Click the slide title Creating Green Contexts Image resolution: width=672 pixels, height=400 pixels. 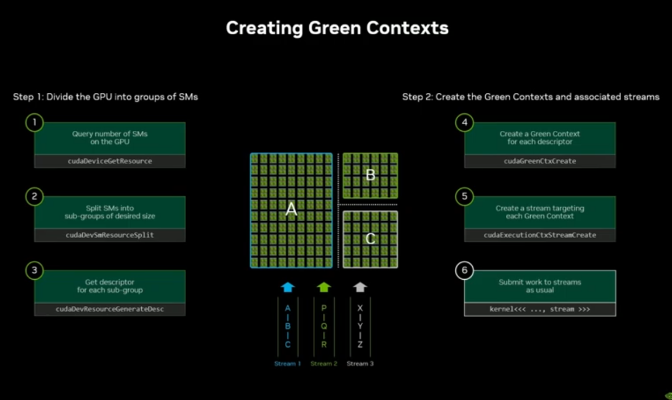[x=337, y=28]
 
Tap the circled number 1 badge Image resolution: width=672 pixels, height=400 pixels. [x=34, y=123]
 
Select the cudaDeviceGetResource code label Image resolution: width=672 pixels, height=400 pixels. [x=110, y=161]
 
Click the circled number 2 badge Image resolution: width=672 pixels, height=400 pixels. [x=34, y=196]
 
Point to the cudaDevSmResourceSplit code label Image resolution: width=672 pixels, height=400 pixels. [x=110, y=236]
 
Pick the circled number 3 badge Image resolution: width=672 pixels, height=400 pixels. [x=34, y=270]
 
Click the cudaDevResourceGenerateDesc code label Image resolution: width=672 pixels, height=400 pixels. [x=110, y=309]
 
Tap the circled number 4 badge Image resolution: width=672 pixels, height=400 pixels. [x=464, y=123]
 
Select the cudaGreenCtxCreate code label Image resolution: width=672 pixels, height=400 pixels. [x=539, y=161]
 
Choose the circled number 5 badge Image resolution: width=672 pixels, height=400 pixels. [x=464, y=196]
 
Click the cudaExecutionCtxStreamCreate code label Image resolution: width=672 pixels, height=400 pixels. [x=539, y=236]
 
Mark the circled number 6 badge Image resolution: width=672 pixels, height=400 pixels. [x=464, y=270]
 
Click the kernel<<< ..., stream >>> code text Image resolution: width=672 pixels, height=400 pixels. [x=539, y=309]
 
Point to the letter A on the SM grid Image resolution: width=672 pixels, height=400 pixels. [x=291, y=211]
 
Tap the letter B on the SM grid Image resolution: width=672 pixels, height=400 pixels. [x=370, y=175]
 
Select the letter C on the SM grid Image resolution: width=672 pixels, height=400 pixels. [x=370, y=239]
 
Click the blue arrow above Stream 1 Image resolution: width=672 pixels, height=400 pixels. [x=287, y=287]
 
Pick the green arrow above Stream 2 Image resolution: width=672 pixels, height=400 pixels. [x=324, y=287]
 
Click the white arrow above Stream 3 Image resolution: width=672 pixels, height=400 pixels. [x=360, y=287]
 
